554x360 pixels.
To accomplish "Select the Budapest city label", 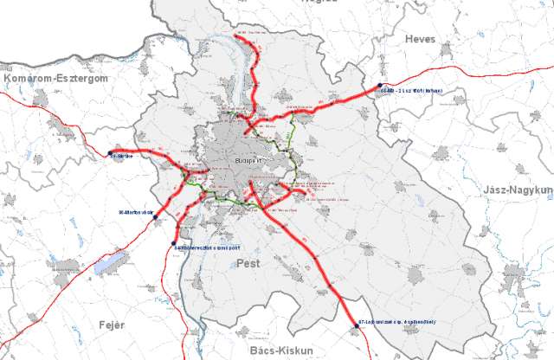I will pos(248,161).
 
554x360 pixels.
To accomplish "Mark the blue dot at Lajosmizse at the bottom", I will pos(353,322).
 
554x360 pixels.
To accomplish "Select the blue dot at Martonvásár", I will pos(156,217).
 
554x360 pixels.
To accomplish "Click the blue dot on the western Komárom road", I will pos(110,154).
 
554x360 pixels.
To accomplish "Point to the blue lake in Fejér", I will pos(105,265).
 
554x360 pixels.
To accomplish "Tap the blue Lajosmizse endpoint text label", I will pos(396,322).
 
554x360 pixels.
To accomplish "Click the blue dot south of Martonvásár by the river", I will pos(174,243).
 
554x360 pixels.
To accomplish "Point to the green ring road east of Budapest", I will pos(295,156).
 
